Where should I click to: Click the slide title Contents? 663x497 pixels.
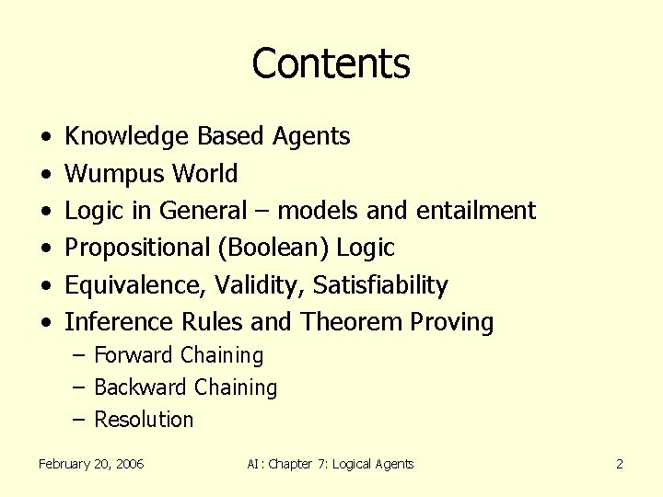(x=331, y=64)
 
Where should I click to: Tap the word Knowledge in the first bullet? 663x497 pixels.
(x=126, y=137)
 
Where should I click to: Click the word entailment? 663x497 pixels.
(x=475, y=211)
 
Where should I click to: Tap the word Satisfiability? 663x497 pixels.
(x=380, y=285)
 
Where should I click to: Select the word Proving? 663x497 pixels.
(x=452, y=322)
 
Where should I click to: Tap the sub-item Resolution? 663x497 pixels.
(x=144, y=420)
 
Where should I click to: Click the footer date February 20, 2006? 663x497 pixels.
(x=91, y=464)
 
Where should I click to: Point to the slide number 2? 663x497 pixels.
(x=620, y=464)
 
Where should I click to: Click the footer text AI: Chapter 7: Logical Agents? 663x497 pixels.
(x=331, y=464)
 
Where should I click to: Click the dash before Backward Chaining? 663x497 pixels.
(x=80, y=387)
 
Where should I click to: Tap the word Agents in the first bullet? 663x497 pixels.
(x=311, y=137)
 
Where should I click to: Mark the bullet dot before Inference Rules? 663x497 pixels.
(x=45, y=323)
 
